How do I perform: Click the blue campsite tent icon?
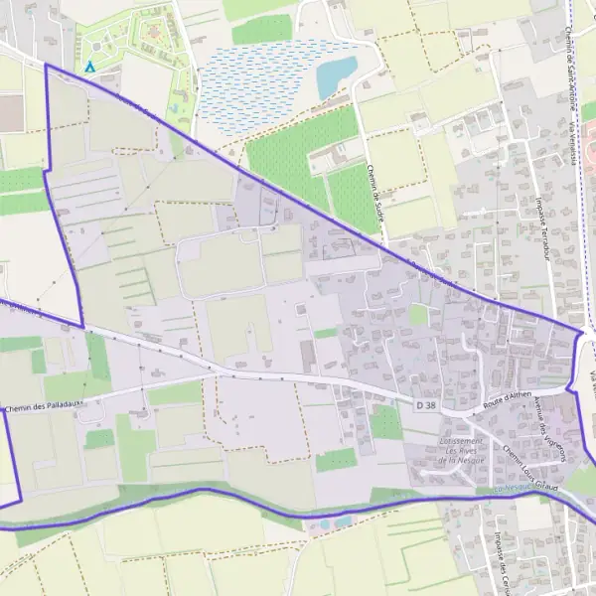click(x=90, y=67)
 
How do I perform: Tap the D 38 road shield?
click(x=426, y=405)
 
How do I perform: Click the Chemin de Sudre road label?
click(x=374, y=195)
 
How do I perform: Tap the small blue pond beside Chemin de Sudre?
click(x=336, y=75)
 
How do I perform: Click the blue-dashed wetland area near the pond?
click(x=258, y=84)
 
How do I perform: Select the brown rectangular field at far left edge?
click(x=10, y=112)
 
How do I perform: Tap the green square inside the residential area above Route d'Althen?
click(x=419, y=315)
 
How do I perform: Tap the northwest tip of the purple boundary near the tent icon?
click(x=46, y=64)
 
